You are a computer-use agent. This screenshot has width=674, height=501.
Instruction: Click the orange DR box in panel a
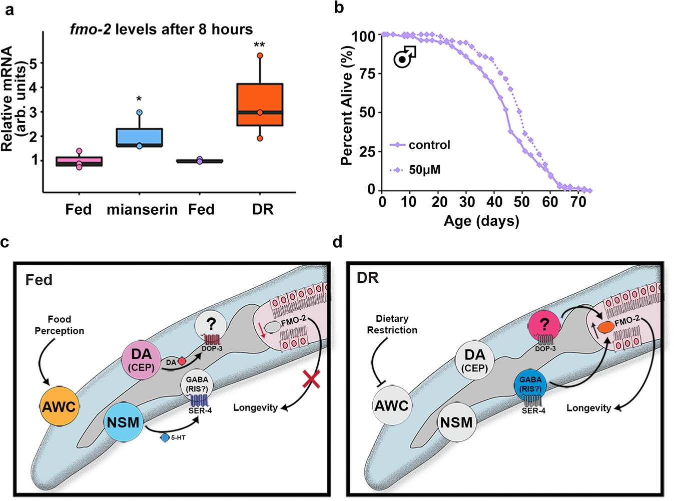(260, 104)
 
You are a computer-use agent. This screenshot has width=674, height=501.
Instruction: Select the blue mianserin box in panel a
(139, 137)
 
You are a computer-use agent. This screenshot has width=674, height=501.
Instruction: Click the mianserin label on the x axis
(142, 209)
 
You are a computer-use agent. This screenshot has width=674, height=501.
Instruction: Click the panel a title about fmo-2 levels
(161, 29)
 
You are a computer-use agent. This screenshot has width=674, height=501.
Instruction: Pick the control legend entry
(420, 145)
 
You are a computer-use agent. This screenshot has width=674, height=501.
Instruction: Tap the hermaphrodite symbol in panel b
(404, 57)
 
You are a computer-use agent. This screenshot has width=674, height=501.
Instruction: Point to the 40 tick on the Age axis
(494, 202)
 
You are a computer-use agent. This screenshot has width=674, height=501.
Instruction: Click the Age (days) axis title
(481, 221)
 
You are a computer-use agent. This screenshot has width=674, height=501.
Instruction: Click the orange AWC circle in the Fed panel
(59, 406)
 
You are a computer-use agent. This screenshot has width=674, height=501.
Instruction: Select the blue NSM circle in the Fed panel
(123, 422)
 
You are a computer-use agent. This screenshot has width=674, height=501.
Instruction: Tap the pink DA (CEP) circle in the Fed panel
(142, 360)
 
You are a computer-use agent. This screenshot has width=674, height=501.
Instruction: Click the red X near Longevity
(312, 379)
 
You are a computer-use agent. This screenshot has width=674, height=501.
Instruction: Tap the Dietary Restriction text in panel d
(392, 324)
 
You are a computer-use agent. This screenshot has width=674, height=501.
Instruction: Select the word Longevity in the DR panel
(588, 408)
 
